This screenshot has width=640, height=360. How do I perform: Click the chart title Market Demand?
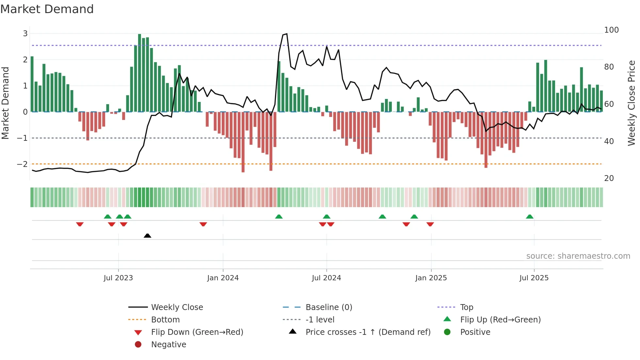point(47,9)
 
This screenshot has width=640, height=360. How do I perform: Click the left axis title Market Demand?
point(6,103)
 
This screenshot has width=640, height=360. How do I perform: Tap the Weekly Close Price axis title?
point(632,103)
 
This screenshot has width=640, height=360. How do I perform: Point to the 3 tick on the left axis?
point(25,34)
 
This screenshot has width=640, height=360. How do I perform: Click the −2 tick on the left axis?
point(23,164)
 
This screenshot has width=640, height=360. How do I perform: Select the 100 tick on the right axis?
point(611,30)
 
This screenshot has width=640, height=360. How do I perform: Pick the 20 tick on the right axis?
point(609,178)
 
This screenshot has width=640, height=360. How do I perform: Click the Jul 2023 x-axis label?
point(118,278)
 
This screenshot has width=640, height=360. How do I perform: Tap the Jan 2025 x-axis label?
point(431,278)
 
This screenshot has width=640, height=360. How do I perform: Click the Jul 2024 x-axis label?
point(326,278)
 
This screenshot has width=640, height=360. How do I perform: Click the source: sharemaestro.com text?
point(578,256)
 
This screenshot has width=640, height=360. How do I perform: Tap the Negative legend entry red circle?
point(138,345)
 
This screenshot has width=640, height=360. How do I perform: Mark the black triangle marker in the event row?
point(147,236)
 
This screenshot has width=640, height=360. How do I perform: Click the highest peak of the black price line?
point(286,34)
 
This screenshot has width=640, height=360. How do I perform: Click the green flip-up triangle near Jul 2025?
point(530,217)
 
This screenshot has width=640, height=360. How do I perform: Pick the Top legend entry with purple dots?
point(467,307)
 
